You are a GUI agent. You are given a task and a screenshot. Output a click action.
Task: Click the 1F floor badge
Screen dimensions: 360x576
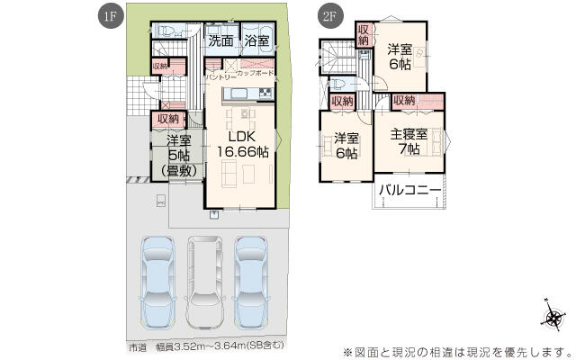[108, 15]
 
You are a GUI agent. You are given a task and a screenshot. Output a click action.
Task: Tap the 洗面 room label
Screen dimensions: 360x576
[221, 40]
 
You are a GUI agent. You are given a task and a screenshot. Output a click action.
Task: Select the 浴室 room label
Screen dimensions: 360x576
[256, 40]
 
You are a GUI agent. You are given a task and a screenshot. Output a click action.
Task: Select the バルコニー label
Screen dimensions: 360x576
[409, 190]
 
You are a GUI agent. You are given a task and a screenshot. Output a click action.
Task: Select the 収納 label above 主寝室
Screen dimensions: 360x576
[404, 102]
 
